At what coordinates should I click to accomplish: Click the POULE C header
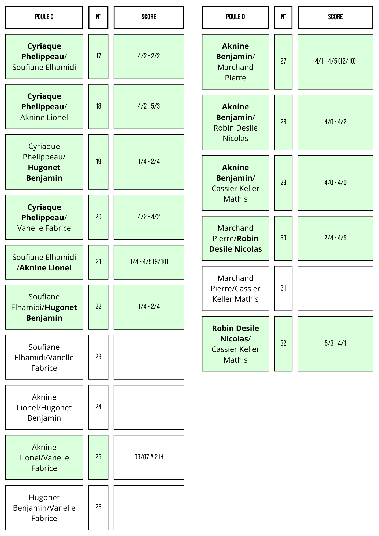coord(44,17)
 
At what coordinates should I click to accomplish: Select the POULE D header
coord(235,17)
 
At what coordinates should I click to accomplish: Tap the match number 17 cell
coord(98,56)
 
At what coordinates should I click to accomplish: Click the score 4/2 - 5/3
coord(149,106)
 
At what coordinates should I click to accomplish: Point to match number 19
coord(98,162)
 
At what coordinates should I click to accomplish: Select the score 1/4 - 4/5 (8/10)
coord(149,262)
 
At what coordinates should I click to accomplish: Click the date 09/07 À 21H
coord(149,457)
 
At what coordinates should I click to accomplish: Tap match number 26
coord(98,507)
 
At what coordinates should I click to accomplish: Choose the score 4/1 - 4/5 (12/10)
coord(335,61)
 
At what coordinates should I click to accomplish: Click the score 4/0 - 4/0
coord(335,183)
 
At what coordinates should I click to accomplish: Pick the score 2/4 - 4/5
coord(335,238)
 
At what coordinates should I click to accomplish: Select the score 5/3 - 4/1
coord(335,343)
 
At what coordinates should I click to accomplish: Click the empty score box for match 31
coord(335,288)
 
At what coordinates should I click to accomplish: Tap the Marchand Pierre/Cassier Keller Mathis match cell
coord(235,288)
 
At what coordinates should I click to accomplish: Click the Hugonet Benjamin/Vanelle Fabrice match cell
coord(44,508)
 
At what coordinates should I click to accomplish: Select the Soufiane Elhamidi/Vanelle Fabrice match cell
coord(44,357)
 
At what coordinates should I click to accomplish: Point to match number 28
coord(283,122)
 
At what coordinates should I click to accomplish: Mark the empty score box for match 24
coord(149,407)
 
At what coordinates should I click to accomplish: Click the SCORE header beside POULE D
coord(335,17)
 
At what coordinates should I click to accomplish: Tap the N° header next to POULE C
coord(98,17)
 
